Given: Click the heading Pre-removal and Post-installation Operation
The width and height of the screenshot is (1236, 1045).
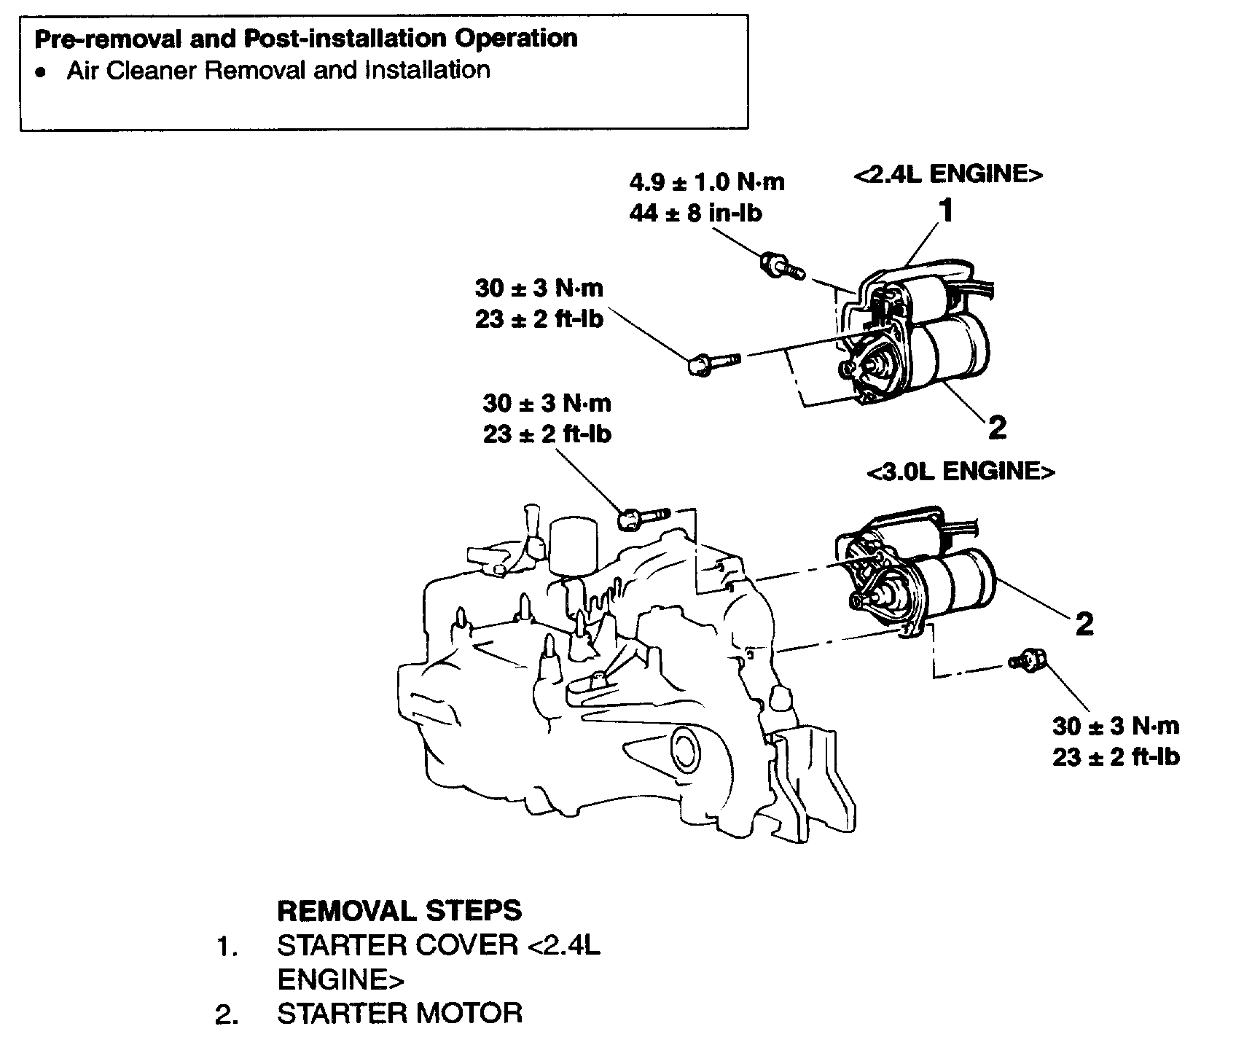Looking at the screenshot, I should (x=306, y=39).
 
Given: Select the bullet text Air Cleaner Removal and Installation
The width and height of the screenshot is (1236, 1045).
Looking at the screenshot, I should (x=278, y=71).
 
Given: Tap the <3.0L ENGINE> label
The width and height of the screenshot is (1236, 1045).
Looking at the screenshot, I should (x=961, y=471).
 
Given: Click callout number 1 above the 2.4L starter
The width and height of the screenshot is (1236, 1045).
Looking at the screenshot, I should (x=945, y=211).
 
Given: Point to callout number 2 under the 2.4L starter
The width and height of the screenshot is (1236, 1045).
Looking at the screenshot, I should (x=997, y=427).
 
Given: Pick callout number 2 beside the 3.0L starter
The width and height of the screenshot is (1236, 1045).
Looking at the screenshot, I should (x=1084, y=623).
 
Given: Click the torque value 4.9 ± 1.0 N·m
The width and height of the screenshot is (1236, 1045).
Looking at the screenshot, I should (x=706, y=181).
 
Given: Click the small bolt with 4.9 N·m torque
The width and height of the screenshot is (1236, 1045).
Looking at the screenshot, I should (x=781, y=267).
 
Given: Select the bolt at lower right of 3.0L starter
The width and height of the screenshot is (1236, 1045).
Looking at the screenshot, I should (x=1029, y=659).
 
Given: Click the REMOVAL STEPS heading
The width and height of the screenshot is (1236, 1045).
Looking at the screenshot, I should (x=399, y=910).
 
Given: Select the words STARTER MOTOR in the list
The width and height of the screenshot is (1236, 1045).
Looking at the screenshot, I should (x=399, y=1013).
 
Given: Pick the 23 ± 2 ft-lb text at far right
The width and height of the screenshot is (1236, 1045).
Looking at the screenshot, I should (x=1115, y=757).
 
